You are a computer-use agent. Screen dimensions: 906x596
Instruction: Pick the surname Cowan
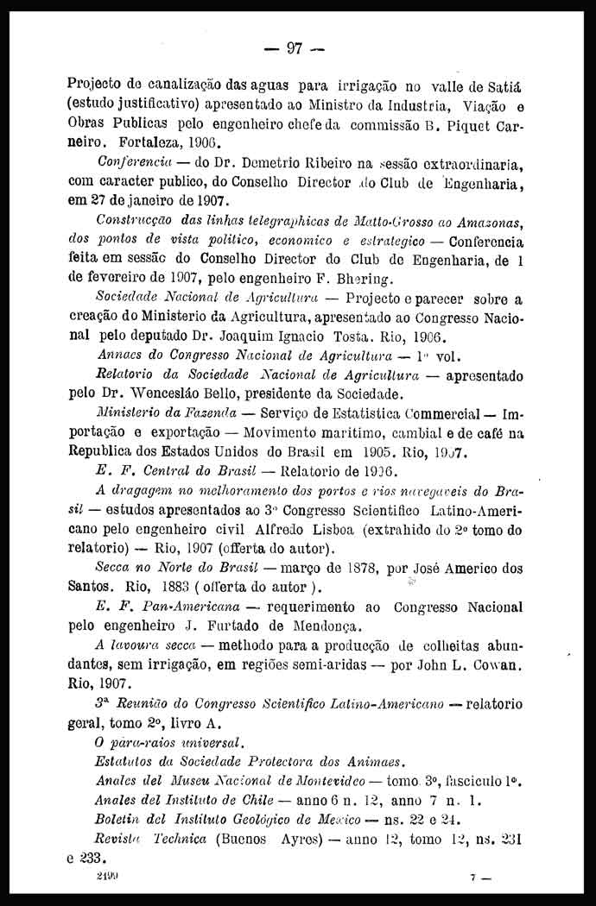(498, 666)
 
